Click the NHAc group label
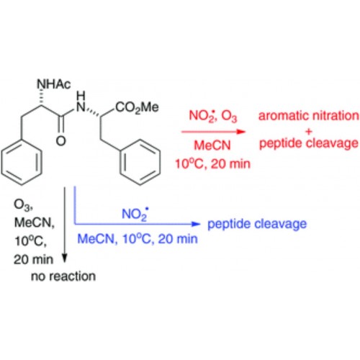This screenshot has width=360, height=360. click(x=54, y=84)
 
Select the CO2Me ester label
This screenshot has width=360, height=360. click(x=137, y=107)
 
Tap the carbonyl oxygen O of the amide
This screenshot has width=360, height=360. click(x=60, y=140)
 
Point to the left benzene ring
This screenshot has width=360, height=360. click(x=22, y=164)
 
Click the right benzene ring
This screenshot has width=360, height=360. click(x=140, y=162)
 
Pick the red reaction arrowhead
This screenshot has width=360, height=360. click(x=240, y=132)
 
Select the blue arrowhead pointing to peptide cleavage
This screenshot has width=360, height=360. click(x=196, y=224)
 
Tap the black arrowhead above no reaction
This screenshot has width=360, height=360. click(x=65, y=258)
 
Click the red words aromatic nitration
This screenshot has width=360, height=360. click(x=309, y=116)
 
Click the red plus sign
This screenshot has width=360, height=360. click(x=309, y=131)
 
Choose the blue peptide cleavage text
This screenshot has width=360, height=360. click(x=257, y=224)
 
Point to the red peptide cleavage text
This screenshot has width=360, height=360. click(x=309, y=143)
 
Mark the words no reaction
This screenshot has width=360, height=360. click(x=63, y=276)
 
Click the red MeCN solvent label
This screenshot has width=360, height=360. click(x=212, y=145)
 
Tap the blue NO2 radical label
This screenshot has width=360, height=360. click(x=135, y=214)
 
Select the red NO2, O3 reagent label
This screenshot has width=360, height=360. click(x=213, y=116)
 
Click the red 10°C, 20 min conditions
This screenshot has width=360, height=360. click(x=212, y=164)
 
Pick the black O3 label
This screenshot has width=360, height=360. click(x=23, y=205)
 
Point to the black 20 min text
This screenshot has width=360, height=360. click(x=33, y=259)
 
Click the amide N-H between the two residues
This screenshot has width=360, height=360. click(x=81, y=102)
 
